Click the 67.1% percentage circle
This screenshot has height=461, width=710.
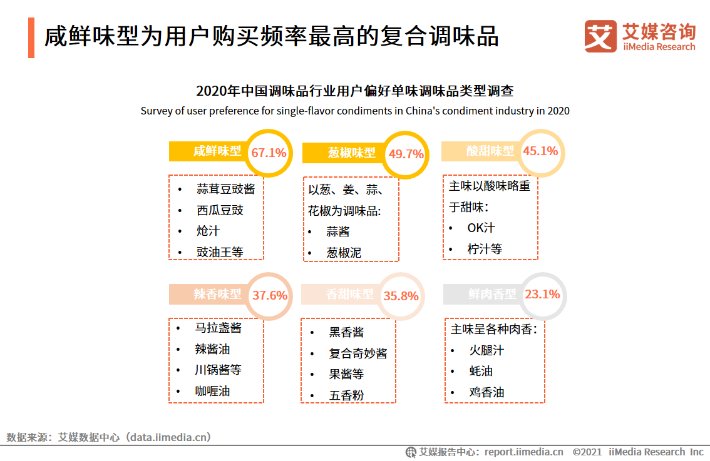click(x=269, y=153)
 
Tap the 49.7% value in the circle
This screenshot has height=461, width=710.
click(x=406, y=154)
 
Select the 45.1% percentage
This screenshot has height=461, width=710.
click(x=540, y=151)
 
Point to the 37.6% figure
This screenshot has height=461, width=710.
click(x=270, y=295)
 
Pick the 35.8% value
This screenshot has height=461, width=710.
click(x=401, y=296)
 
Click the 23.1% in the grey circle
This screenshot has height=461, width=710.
click(x=542, y=295)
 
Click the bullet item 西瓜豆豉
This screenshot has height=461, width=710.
click(x=220, y=210)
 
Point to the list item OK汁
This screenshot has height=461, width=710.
click(x=481, y=228)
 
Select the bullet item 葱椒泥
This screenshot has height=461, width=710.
click(x=344, y=253)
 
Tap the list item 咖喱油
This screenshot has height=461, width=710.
click(x=212, y=391)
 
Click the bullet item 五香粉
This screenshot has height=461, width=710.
click(x=346, y=395)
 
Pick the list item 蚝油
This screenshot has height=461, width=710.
click(x=480, y=371)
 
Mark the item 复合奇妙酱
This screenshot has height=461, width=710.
click(x=358, y=353)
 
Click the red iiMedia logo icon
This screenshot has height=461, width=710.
click(x=600, y=36)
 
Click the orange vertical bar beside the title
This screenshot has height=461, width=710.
click(x=31, y=38)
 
